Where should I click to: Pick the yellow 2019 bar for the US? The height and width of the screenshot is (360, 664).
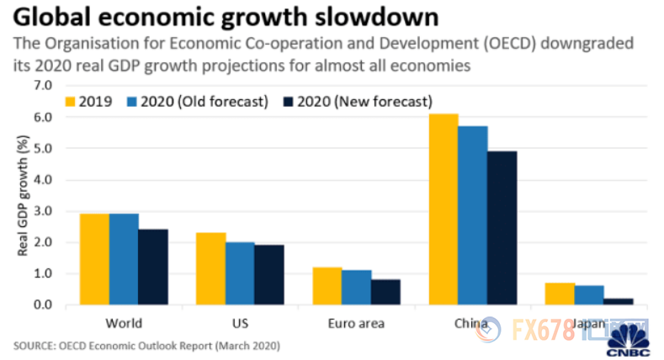[210, 268]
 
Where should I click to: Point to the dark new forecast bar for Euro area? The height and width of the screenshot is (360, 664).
[385, 292]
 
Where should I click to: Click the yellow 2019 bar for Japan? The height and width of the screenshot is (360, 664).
[560, 294]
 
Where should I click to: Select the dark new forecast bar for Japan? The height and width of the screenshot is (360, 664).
[619, 301]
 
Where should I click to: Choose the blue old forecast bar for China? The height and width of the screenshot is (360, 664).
[473, 215]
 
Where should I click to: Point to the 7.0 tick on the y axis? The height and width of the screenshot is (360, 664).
[42, 86]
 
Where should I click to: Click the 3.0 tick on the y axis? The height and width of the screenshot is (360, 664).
[42, 211]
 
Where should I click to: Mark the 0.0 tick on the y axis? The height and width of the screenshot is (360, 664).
[42, 305]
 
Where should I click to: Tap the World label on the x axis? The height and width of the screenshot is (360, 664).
[124, 323]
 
